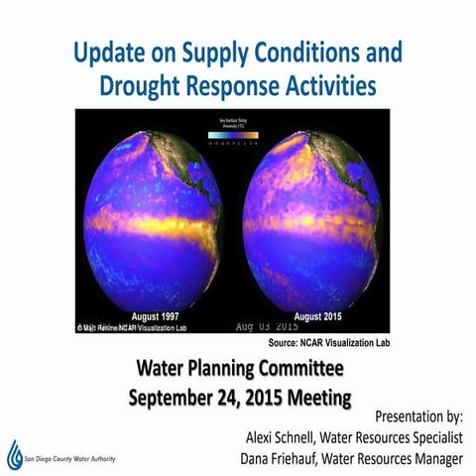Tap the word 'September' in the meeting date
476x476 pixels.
(x=181, y=399)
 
